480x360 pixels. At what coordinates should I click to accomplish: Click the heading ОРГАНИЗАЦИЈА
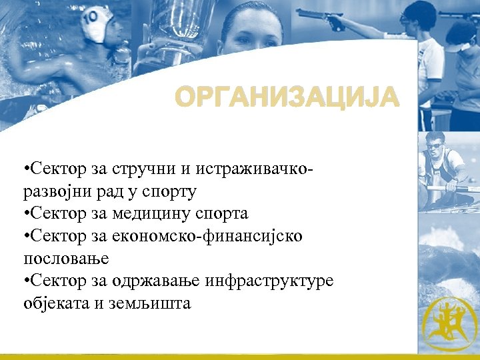pos(287,98)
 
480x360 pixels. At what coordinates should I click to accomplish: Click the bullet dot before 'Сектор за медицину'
pos(25,214)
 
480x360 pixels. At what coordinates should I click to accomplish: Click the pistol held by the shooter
pos(321,16)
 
